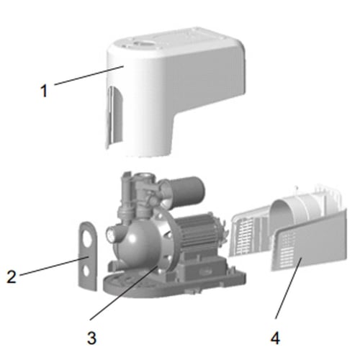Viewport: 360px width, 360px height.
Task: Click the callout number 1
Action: click(44, 91)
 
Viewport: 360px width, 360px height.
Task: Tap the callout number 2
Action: click(12, 276)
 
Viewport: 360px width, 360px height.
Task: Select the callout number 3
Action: click(91, 338)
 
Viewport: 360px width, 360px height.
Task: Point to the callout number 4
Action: click(275, 338)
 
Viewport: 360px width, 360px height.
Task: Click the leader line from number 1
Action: click(89, 75)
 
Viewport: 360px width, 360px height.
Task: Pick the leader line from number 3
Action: click(123, 292)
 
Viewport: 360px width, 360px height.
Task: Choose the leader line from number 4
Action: click(288, 288)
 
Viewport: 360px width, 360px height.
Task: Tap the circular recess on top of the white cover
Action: click(142, 44)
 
